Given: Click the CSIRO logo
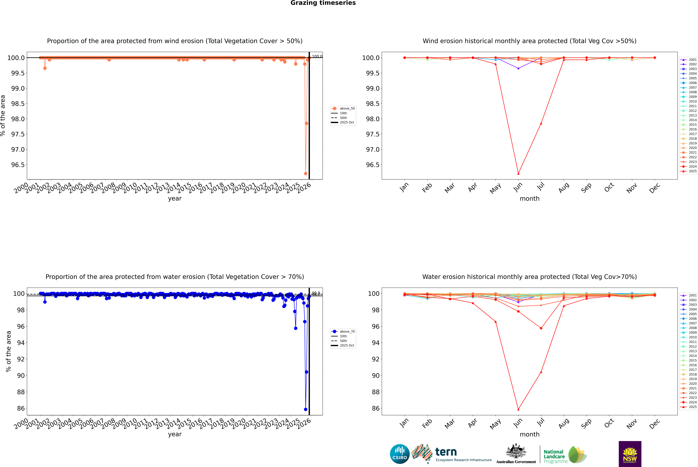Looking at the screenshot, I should [400, 454].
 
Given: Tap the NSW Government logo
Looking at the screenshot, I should [630, 454].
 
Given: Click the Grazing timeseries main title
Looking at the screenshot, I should [323, 3].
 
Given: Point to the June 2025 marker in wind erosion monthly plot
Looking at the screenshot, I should [518, 174].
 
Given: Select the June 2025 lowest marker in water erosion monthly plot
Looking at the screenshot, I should [518, 409].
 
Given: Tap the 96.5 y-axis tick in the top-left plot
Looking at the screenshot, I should [18, 165].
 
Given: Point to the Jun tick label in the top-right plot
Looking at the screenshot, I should [518, 187].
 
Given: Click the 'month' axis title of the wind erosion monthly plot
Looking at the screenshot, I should [529, 199].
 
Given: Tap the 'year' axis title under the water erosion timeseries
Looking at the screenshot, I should [175, 434].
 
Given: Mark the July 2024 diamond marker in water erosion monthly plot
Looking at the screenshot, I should [541, 328].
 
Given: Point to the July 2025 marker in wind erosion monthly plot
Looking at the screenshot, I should [541, 123].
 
